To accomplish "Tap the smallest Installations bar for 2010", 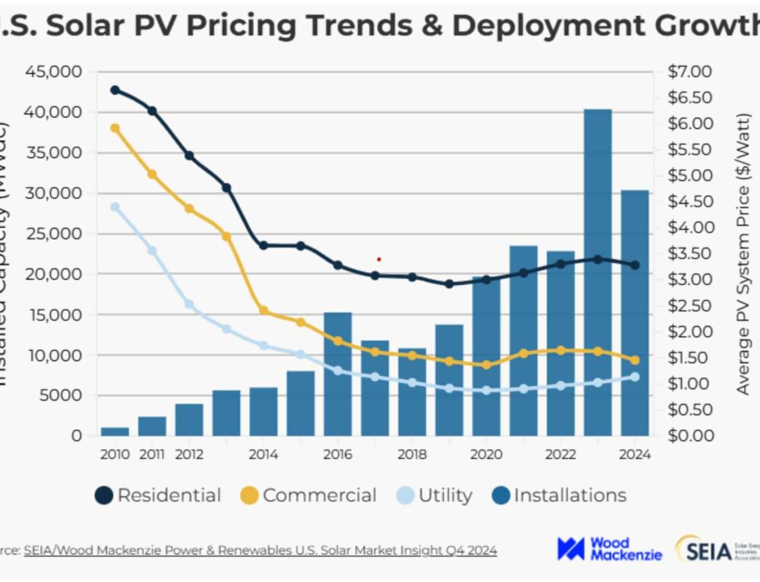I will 115,432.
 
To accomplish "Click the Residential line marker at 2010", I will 116,90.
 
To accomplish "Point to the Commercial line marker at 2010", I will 116,128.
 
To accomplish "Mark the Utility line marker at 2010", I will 116,207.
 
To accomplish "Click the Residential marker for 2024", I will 635,265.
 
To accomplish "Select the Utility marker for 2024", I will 635,376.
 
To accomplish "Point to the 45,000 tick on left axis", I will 54,71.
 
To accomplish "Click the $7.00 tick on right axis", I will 689,71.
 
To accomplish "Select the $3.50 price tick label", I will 689,253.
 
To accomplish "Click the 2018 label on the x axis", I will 412,454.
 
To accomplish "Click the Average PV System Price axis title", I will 743,254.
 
